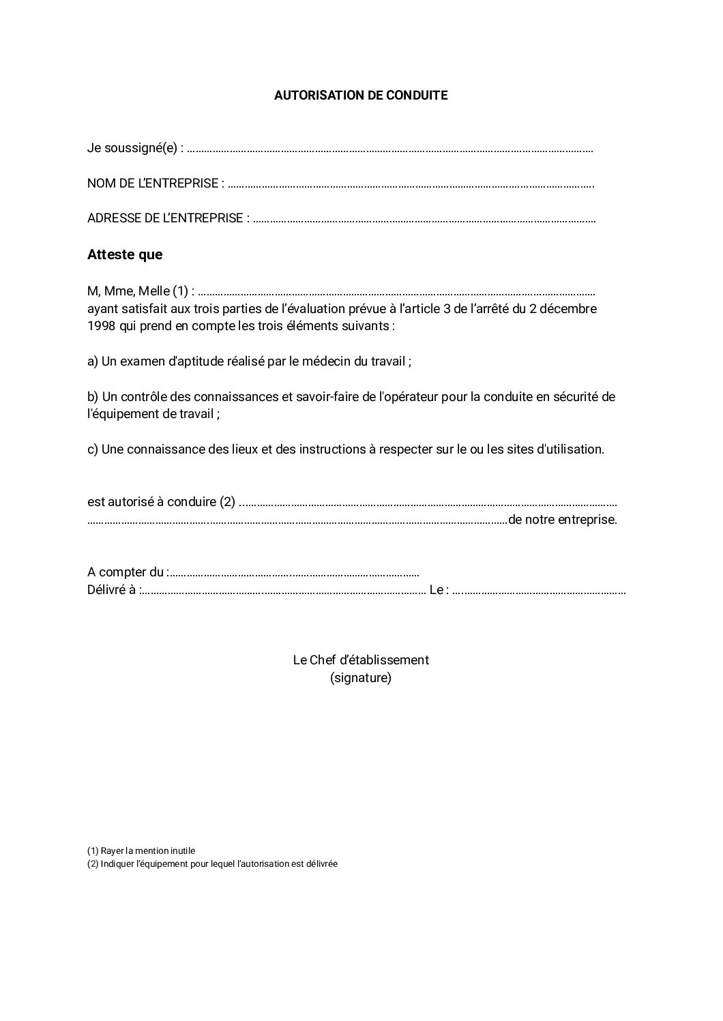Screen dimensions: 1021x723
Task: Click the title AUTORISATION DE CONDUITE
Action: coord(361,95)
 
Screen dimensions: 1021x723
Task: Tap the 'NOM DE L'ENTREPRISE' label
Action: coord(155,183)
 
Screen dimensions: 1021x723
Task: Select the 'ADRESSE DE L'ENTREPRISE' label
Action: coord(168,218)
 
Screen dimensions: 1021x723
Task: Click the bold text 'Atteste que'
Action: coord(125,255)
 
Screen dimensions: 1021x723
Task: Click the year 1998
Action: coord(102,326)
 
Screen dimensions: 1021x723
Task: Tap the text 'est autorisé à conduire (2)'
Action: coord(161,502)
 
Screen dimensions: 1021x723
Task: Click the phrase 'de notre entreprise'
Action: coord(562,520)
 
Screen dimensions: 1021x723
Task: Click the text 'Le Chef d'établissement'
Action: coord(361,660)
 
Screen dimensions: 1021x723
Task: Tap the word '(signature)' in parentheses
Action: coord(361,679)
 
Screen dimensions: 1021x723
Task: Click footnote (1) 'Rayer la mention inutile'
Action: coord(141,851)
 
